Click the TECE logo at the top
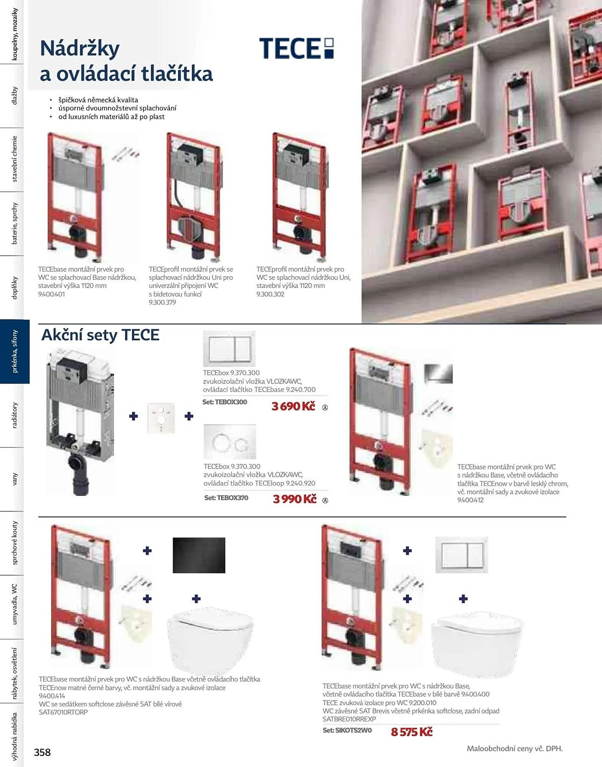[x=297, y=48]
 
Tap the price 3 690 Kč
[x=293, y=406]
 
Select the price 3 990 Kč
[x=295, y=499]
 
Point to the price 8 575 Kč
[x=412, y=732]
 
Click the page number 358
[x=42, y=752]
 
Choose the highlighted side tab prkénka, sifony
[x=15, y=351]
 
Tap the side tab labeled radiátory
[x=15, y=415]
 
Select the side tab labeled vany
[x=15, y=479]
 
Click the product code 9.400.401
[x=51, y=294]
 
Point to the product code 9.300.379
[x=162, y=302]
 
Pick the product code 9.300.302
[x=270, y=294]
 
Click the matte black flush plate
[x=199, y=555]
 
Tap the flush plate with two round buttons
[x=230, y=442]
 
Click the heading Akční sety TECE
[x=100, y=335]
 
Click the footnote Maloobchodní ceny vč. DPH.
[x=515, y=748]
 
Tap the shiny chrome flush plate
[x=438, y=374]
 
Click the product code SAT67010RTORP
[x=63, y=712]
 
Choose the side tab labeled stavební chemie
[x=15, y=159]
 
